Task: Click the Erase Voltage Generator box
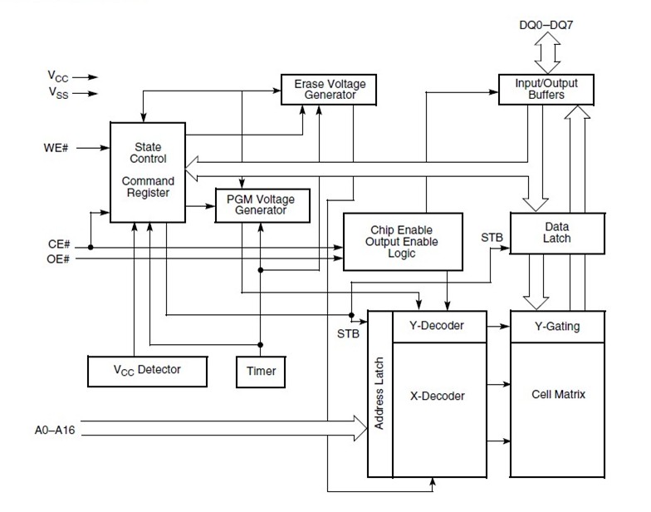tap(329, 89)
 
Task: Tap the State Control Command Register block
tap(148, 170)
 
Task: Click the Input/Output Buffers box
tap(546, 89)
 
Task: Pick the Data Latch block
tap(556, 232)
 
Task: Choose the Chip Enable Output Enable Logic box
tap(402, 241)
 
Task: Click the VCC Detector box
tap(147, 370)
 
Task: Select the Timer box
tap(261, 371)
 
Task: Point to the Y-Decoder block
tap(438, 326)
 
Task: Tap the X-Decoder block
tap(438, 396)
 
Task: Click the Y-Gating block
tap(557, 326)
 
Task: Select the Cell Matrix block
tap(557, 394)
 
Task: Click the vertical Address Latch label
tap(379, 394)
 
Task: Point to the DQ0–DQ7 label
tap(546, 25)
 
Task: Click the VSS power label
tap(58, 93)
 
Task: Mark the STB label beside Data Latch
tap(492, 238)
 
